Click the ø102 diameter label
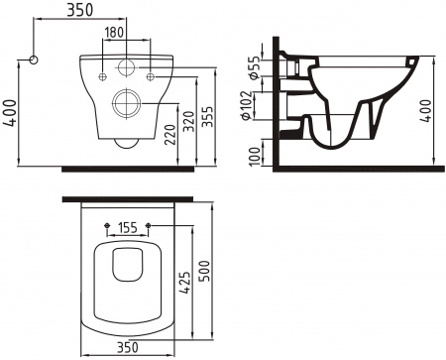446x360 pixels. (253, 104)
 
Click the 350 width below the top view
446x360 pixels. (125, 348)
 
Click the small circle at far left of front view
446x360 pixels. (36, 60)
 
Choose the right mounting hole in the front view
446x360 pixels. (150, 75)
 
